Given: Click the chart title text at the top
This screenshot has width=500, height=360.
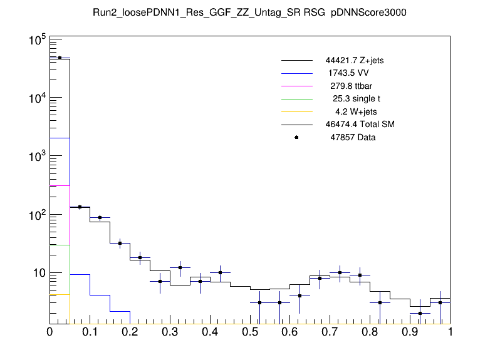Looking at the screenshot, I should [250, 14].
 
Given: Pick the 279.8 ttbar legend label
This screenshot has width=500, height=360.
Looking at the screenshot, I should [354, 86].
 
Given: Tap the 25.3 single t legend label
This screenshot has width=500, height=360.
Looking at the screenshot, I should [356, 99].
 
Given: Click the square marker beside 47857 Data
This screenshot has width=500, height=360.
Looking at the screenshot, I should [296, 137].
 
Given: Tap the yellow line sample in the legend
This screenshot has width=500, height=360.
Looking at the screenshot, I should [296, 111].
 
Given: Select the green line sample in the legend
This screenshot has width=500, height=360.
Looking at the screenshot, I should [296, 99].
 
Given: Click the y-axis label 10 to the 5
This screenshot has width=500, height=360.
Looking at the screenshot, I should [35, 41].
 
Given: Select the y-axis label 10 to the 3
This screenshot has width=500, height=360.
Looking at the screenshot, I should [35, 157].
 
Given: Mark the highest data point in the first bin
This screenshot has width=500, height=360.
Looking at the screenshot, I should [60, 58].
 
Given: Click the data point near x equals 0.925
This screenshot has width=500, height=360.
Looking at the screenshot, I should [420, 313].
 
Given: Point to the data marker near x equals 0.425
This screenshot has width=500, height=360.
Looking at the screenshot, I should [220, 272].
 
